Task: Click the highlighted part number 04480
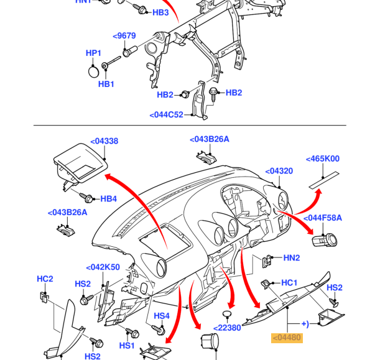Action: [x=287, y=338]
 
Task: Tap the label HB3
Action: [x=160, y=12]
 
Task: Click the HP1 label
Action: [x=93, y=53]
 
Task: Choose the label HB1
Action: [x=106, y=84]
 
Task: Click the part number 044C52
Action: [x=167, y=115]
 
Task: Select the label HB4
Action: [x=109, y=199]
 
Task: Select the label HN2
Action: [x=292, y=257]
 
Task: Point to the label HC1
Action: [x=290, y=283]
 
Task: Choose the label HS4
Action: [x=162, y=316]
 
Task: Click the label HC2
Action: [x=45, y=279]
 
